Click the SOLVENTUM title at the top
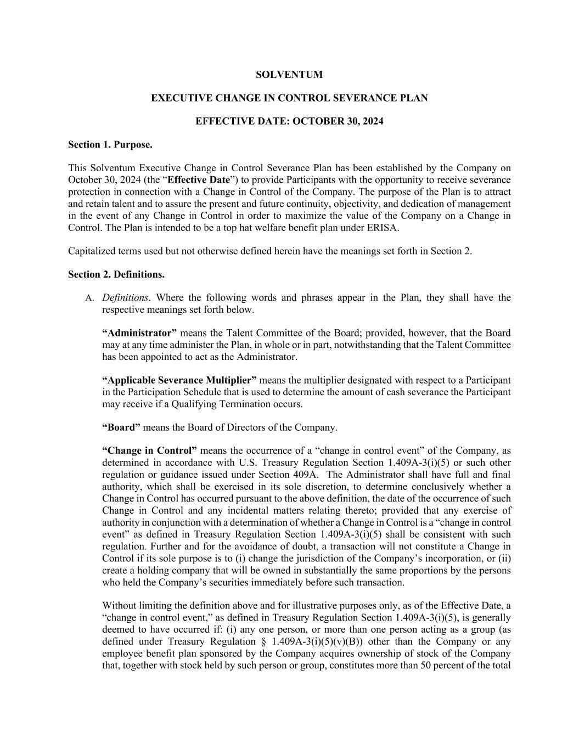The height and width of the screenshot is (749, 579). tap(289, 75)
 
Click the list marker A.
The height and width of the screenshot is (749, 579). tap(89, 299)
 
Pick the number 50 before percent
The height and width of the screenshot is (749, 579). tap(426, 666)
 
